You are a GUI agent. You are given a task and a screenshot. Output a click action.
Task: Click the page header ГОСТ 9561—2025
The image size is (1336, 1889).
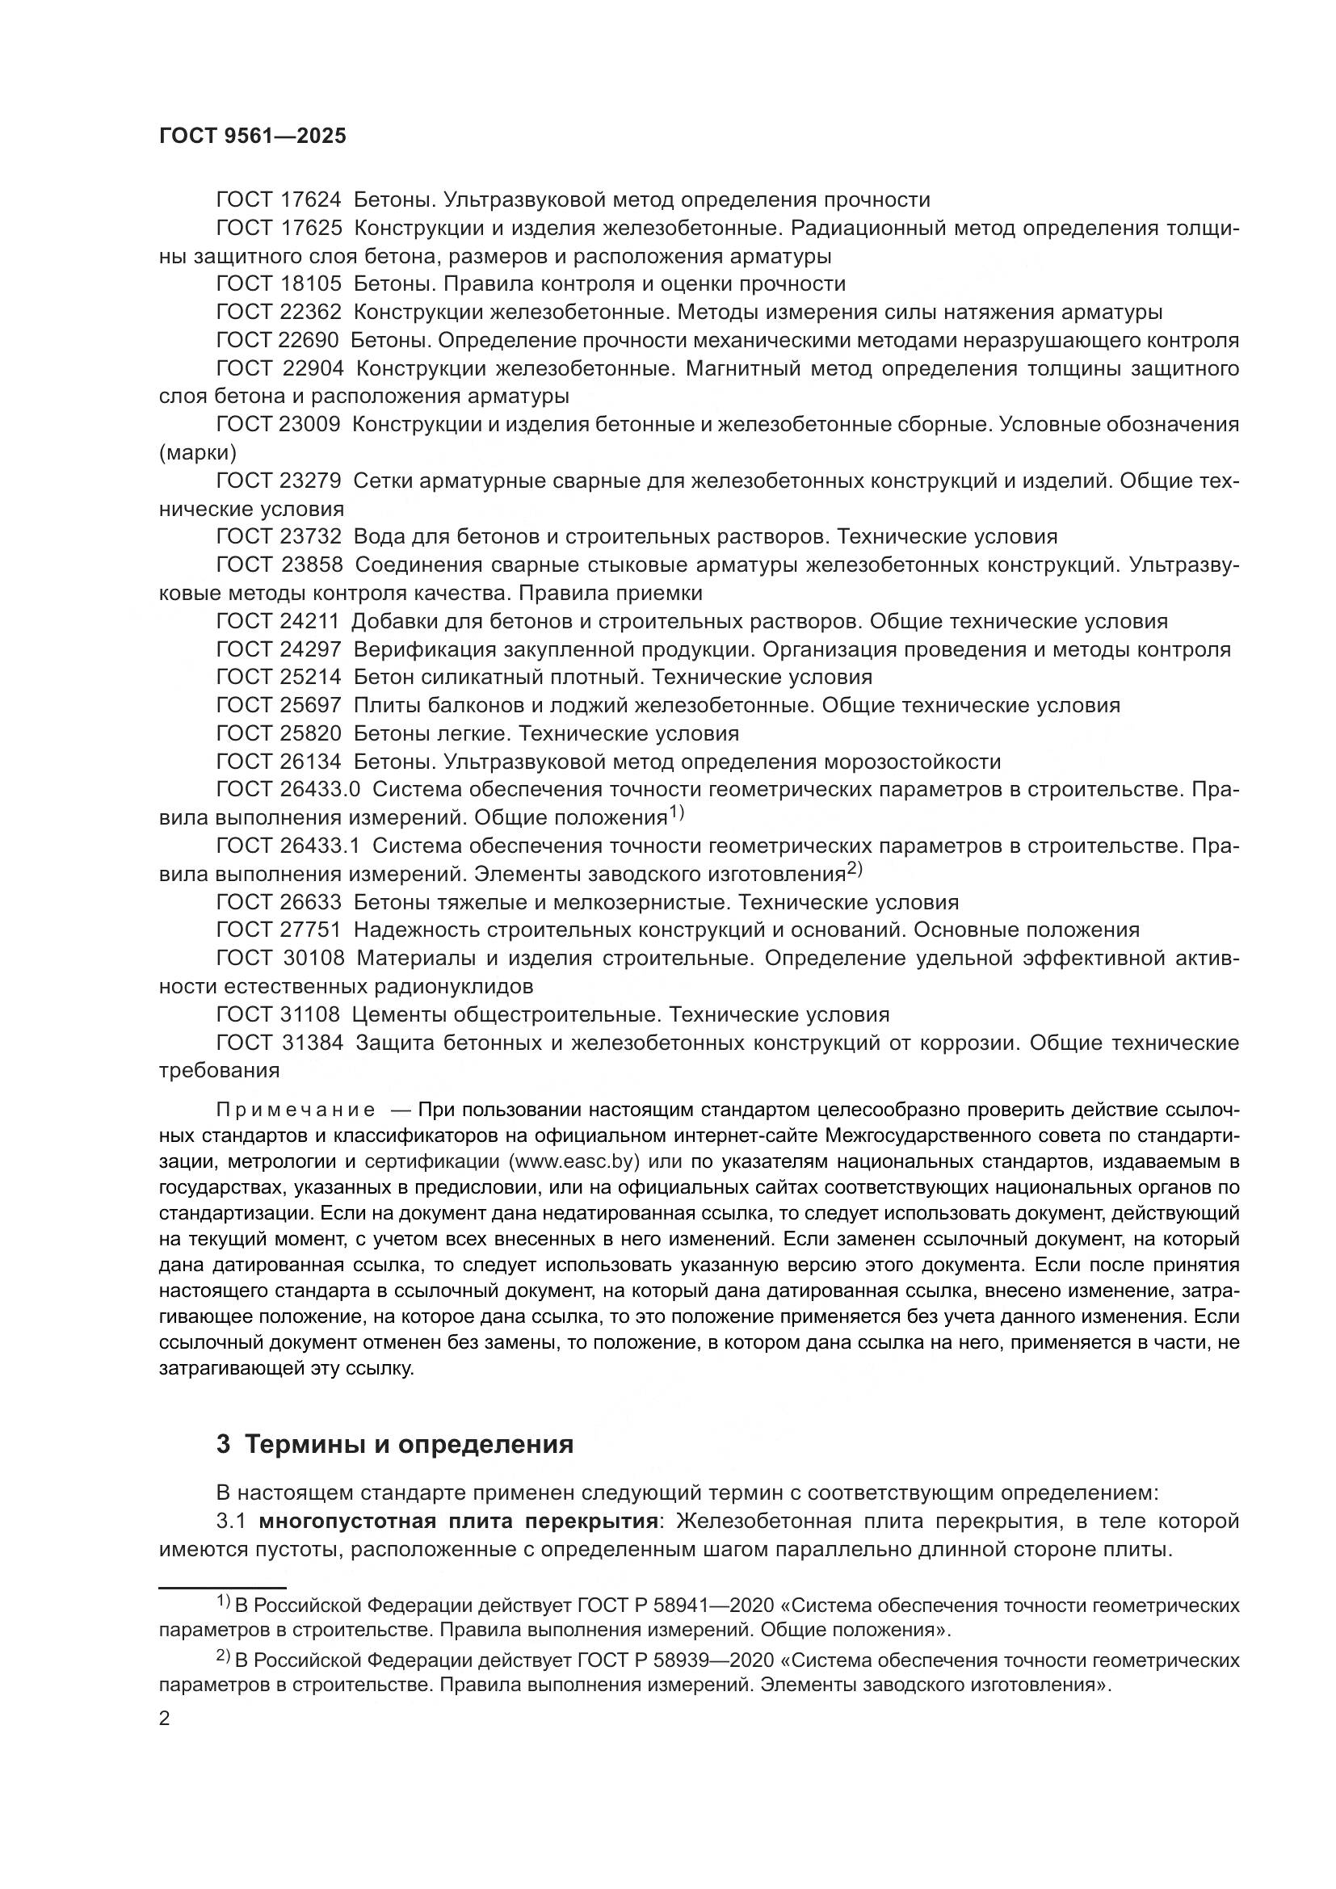pos(253,136)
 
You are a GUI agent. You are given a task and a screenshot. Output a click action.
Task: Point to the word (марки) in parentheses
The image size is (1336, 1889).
pos(197,452)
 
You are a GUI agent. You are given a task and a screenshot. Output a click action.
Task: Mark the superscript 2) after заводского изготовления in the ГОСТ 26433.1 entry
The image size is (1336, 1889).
pos(855,869)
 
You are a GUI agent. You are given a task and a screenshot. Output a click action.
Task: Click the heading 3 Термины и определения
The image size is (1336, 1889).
pos(395,1444)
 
